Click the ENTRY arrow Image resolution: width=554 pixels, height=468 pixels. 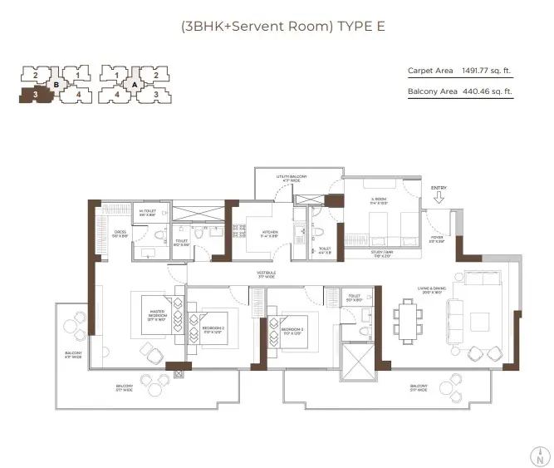coord(439,199)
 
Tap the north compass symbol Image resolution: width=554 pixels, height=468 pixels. coord(540,455)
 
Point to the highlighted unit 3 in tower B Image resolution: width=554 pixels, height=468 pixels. coord(36,95)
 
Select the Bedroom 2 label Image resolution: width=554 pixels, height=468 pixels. coord(213,328)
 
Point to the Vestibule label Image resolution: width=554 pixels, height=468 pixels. coord(265,274)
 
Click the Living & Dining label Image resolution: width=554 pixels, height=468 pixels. coord(433,290)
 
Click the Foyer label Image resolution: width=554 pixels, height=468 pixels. coord(436,239)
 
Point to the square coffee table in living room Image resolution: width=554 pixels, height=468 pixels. coord(481,320)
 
